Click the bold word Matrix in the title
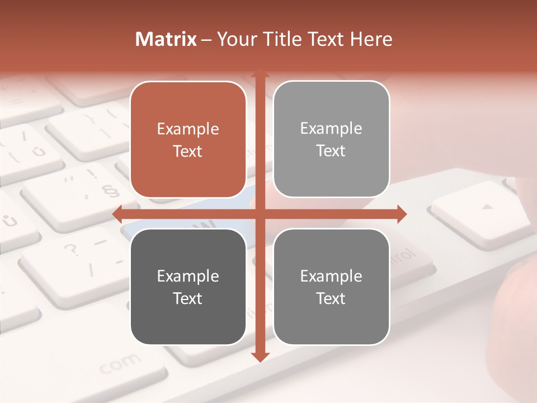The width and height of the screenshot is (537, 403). (x=166, y=39)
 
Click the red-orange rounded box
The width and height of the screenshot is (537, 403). (x=188, y=140)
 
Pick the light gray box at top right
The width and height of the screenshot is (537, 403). (x=331, y=139)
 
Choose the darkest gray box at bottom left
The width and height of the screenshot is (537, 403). (x=188, y=287)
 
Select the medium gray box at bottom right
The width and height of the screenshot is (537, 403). (x=331, y=287)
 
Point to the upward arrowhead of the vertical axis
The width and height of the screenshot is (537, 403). (x=259, y=73)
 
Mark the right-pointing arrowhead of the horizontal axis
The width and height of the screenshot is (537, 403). (x=401, y=214)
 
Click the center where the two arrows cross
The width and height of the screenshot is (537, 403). (x=259, y=214)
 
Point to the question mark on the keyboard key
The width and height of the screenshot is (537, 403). (x=72, y=249)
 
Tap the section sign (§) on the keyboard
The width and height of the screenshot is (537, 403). (x=112, y=191)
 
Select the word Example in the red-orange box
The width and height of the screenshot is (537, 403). (x=188, y=129)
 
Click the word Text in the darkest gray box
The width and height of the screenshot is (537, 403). (x=188, y=298)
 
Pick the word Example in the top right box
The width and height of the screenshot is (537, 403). (x=331, y=129)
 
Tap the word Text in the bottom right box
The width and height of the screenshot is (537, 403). (x=331, y=298)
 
